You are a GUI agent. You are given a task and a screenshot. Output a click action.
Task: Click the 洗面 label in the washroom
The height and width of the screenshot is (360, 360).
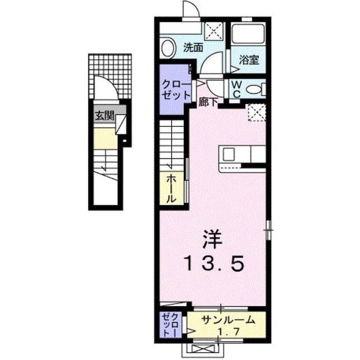194,48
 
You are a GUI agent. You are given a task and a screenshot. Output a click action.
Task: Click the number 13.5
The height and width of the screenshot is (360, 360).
214,262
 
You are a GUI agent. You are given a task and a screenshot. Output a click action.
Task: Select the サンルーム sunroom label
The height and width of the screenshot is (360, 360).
223,319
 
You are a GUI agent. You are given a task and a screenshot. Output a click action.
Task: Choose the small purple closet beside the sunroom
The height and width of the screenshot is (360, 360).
170,325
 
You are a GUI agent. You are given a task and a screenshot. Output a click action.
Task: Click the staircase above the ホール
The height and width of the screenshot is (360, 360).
173,142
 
